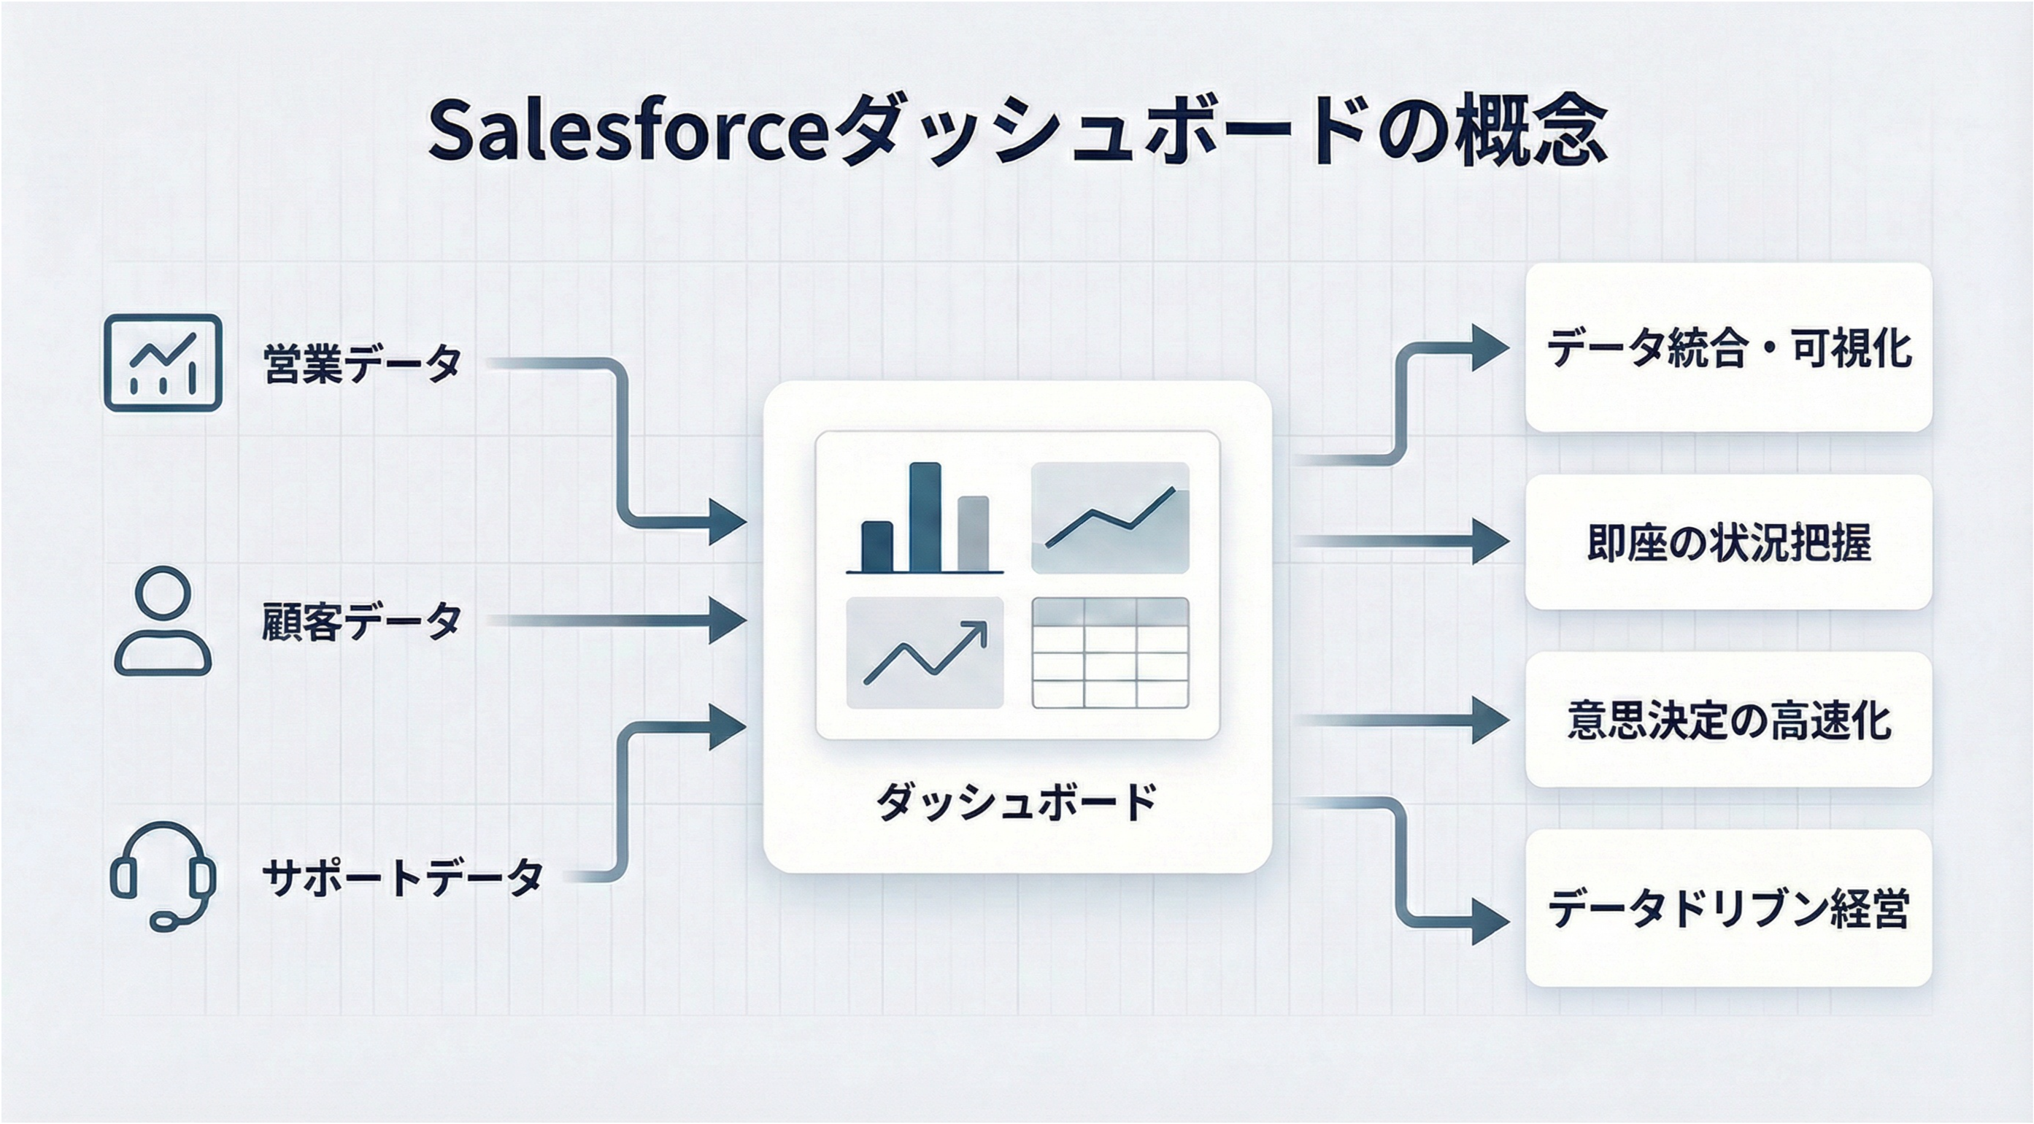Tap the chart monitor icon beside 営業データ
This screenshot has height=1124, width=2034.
(163, 363)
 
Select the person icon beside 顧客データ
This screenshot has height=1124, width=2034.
(163, 621)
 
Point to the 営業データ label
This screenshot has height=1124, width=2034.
(362, 363)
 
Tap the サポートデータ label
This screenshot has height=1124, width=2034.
(402, 877)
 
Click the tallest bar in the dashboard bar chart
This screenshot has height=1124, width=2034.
(925, 517)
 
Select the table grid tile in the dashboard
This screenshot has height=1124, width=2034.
(1110, 653)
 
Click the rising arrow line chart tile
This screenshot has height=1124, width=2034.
(925, 653)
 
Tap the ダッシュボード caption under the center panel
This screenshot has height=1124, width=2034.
(1016, 801)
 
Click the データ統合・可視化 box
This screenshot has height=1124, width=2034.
(1728, 347)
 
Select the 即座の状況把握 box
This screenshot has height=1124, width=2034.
(1728, 542)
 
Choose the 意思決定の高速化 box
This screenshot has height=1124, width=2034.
(1728, 720)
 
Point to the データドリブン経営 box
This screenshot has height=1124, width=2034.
(1728, 909)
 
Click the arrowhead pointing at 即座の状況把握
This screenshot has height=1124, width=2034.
(1491, 542)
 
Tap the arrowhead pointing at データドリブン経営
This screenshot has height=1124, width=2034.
(1491, 922)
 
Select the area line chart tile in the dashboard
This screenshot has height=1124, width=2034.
(1110, 517)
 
